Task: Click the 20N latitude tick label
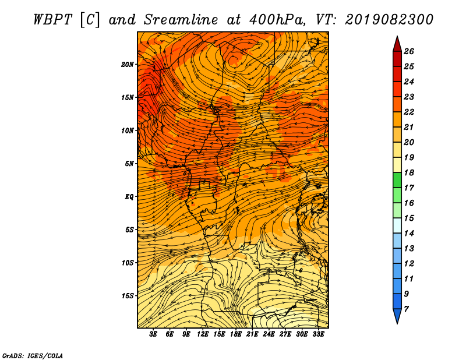point(127,65)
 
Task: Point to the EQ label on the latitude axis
point(129,197)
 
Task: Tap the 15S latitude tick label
point(127,296)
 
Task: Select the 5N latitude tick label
point(129,164)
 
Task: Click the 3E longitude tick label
point(153,334)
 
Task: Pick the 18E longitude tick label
point(236,334)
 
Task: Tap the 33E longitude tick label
point(318,334)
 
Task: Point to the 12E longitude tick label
point(203,334)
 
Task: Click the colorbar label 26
point(409,51)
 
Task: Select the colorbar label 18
point(409,172)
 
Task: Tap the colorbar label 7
point(406,309)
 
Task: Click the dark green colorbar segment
point(397,180)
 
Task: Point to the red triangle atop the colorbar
point(397,45)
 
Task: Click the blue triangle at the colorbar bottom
point(397,315)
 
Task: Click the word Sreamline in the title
point(181,20)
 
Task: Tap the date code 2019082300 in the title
point(389,20)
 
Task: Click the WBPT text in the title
point(52,20)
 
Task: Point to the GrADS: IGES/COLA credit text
point(33,356)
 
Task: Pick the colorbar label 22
point(409,112)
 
